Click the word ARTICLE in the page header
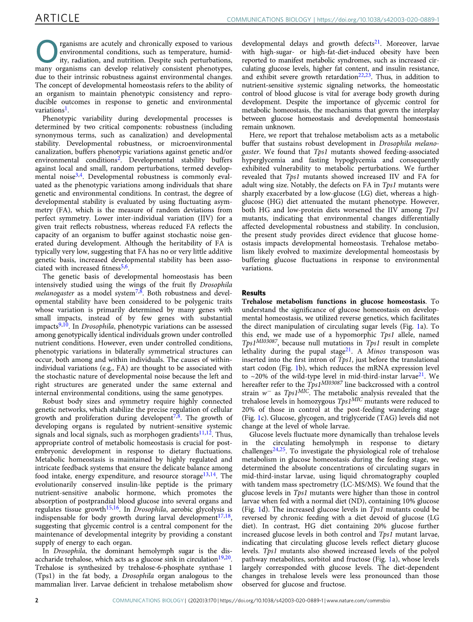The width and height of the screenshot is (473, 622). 57,18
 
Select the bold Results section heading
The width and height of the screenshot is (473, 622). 254,293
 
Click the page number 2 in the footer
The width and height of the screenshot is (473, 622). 37,601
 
